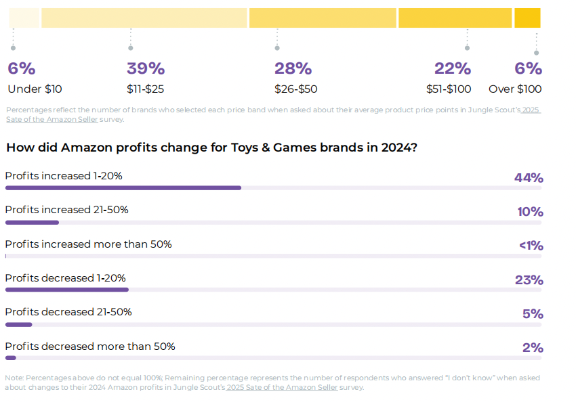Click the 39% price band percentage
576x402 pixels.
(146, 68)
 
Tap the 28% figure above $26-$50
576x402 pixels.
(293, 68)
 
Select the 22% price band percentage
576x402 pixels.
(452, 68)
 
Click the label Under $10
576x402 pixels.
(35, 89)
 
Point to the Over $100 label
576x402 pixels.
(515, 89)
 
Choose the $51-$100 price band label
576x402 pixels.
(449, 89)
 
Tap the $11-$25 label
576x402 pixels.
(145, 89)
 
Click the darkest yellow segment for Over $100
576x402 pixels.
(527, 18)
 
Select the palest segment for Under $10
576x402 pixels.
(24, 18)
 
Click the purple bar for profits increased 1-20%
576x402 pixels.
(123, 187)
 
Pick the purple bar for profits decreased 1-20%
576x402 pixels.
(66, 290)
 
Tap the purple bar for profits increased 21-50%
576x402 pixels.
(32, 222)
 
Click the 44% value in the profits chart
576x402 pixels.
(529, 178)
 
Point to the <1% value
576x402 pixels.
(531, 246)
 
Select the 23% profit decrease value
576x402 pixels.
(529, 280)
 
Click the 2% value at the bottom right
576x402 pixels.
(533, 348)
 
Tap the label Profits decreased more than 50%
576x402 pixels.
(90, 347)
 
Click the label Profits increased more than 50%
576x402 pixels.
(88, 244)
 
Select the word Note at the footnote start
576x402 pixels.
(14, 378)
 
